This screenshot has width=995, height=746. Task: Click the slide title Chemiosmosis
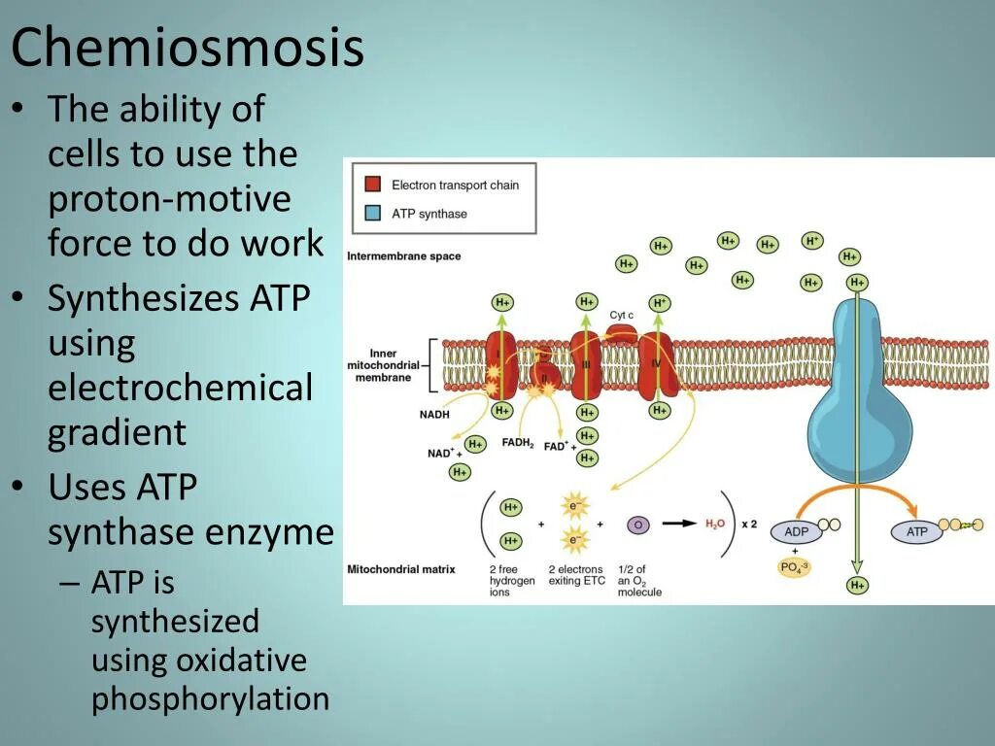pos(188,49)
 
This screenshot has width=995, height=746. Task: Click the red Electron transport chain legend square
pos(372,185)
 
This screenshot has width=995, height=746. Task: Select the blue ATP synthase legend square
pos(372,214)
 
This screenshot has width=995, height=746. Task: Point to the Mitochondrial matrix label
pos(400,569)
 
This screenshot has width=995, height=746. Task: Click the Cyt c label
pos(622,315)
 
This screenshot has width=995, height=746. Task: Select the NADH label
pos(433,415)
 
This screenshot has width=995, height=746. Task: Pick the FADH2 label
pos(519,443)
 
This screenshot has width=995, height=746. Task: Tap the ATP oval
pos(917,532)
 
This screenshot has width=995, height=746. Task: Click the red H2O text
pos(714,525)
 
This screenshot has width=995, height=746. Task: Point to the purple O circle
pos(638,525)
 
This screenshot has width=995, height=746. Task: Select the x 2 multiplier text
pos(749,525)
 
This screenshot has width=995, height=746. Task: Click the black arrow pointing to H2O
pos(679,525)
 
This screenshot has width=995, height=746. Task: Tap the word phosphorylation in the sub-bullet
pos(211,699)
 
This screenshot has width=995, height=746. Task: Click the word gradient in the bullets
pos(117,432)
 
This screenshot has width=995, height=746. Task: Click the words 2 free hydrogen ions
pos(512,580)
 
